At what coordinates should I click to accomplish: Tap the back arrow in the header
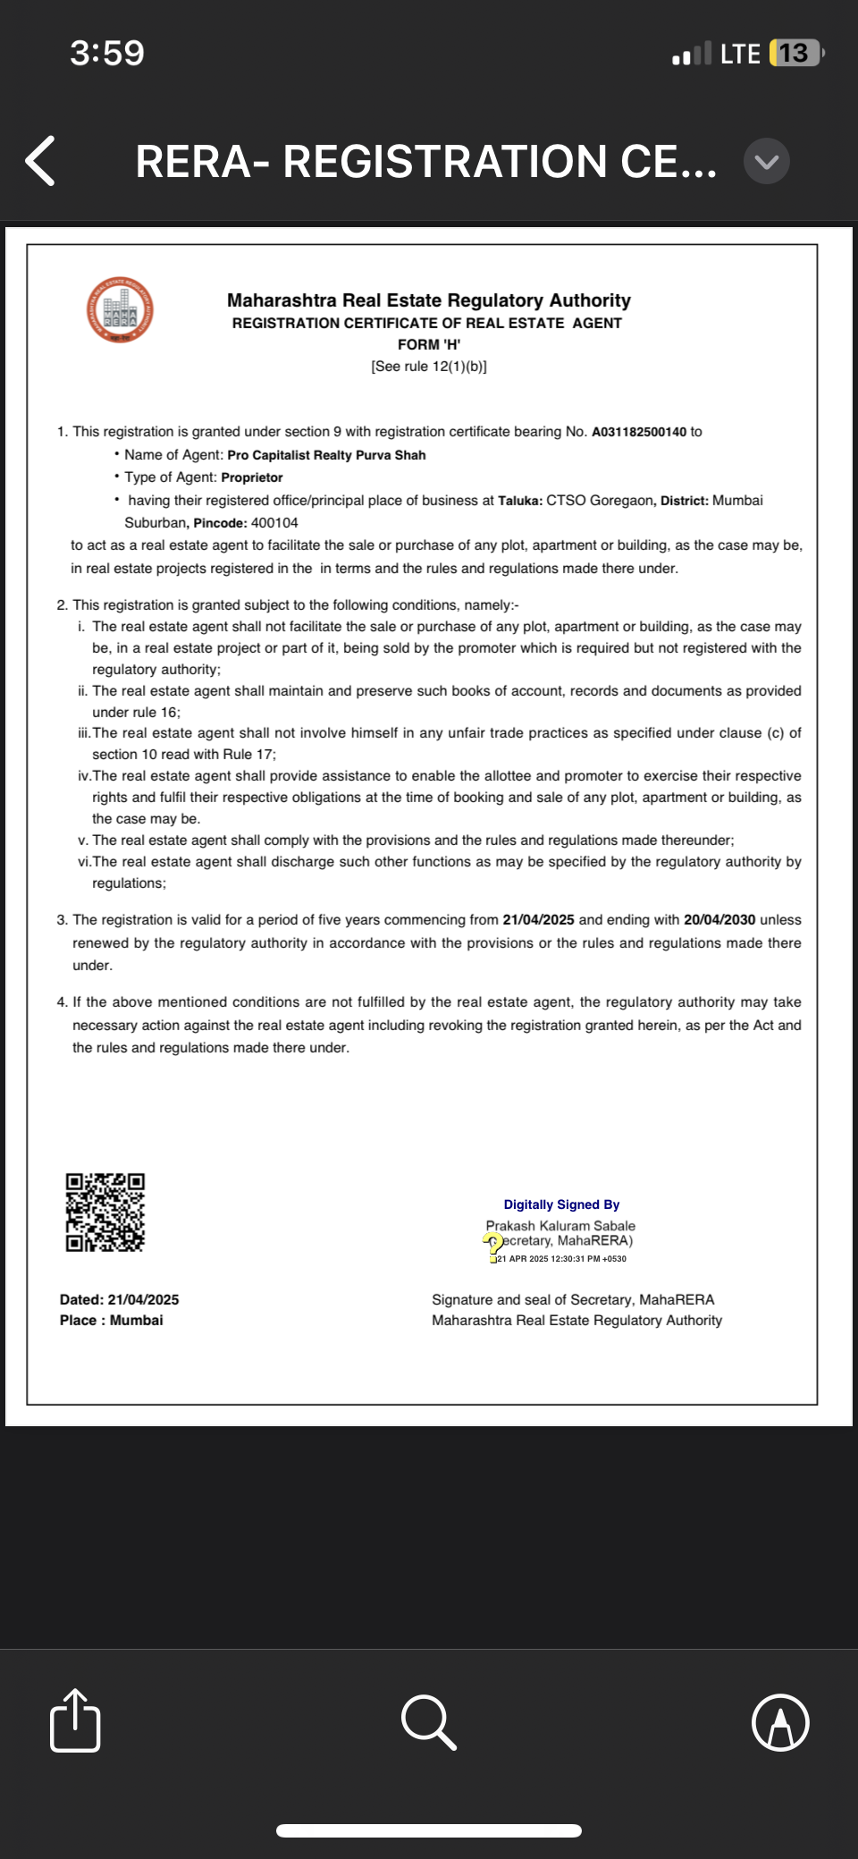click(41, 161)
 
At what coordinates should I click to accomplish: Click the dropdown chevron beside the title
click(766, 161)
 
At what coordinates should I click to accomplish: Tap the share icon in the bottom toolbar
click(75, 1720)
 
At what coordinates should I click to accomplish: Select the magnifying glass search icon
click(429, 1720)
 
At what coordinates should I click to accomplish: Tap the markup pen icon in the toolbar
click(780, 1721)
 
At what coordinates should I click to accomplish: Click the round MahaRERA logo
click(120, 309)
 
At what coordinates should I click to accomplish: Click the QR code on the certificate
click(105, 1213)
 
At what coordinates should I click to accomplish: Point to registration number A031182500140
click(639, 432)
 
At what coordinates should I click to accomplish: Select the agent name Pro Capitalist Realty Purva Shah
click(326, 455)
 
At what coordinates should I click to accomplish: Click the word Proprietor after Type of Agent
click(252, 477)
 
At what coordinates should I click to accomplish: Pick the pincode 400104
click(274, 523)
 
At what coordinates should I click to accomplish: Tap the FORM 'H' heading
click(429, 344)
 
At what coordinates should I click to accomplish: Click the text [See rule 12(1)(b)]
click(429, 367)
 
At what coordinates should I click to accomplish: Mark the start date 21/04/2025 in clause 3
click(538, 920)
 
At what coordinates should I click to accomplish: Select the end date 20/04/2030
click(719, 920)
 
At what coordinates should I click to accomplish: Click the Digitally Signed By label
click(561, 1205)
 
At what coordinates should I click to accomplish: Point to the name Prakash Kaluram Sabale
click(560, 1226)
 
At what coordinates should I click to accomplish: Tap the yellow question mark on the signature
click(492, 1242)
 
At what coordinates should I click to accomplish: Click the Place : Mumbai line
click(112, 1321)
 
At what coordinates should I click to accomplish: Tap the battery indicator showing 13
click(795, 54)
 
